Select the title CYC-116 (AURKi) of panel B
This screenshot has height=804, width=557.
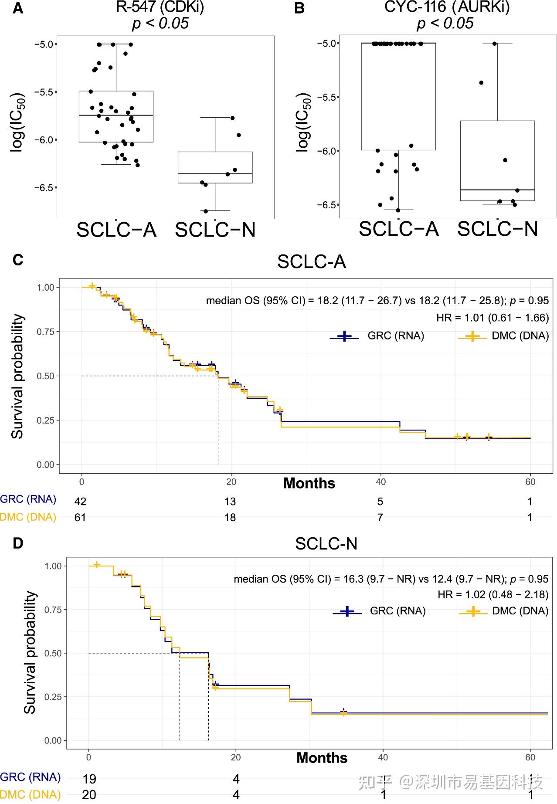coord(447,7)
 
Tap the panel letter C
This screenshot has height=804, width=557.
coord(18,260)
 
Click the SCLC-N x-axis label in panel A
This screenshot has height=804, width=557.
coord(215,230)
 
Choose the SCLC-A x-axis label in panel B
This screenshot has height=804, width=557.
coord(398,229)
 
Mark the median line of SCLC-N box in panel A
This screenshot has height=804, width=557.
coord(215,173)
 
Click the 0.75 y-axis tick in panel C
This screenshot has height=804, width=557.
coord(45,332)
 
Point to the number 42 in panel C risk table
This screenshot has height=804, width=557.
coord(80,502)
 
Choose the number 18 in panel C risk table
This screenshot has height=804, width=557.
coord(230,518)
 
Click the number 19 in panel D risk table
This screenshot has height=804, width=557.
coord(89,779)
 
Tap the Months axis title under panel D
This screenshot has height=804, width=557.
coord(322,758)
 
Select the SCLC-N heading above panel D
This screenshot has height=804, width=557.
coord(326,543)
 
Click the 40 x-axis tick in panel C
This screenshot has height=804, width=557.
coord(380,482)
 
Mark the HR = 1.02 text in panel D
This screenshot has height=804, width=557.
coord(493,594)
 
